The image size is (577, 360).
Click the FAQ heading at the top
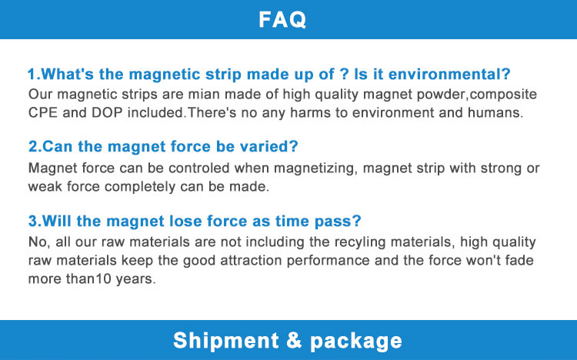click(x=282, y=19)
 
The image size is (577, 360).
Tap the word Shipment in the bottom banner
click(x=226, y=340)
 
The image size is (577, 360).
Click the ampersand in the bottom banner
click(x=294, y=340)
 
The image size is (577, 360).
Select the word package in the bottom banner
click(x=356, y=342)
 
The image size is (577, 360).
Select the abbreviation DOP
click(x=107, y=112)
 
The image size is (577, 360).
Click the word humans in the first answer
click(x=495, y=112)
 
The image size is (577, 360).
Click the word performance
click(x=329, y=262)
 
